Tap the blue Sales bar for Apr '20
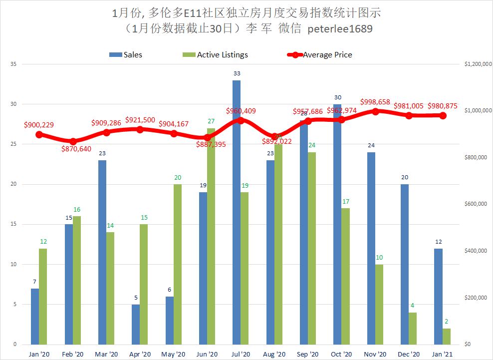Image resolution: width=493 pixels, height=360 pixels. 136,324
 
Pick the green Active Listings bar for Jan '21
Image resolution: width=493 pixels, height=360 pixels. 446,336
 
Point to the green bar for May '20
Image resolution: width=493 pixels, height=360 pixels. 178,264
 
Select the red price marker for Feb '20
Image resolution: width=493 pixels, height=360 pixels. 73,141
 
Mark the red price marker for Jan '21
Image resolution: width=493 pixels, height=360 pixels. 442,115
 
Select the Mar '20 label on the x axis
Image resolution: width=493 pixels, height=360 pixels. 106,354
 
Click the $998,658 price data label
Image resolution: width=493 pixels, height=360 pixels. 375,101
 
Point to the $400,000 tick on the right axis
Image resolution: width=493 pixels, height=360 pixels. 475,251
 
